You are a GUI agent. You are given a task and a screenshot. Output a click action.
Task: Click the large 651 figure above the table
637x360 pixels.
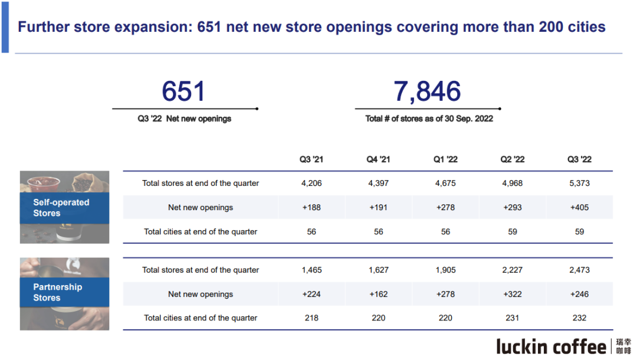(183, 92)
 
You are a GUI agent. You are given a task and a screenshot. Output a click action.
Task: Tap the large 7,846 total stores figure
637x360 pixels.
(427, 92)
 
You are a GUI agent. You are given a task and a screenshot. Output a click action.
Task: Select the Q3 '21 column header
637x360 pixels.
(311, 159)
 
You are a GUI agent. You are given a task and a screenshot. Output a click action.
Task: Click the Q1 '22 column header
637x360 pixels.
(445, 159)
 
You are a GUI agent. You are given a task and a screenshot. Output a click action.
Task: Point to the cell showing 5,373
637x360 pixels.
(579, 184)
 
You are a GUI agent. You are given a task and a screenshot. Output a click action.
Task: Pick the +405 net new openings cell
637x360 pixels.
(579, 208)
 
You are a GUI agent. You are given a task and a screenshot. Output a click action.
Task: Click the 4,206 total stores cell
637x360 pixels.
(311, 184)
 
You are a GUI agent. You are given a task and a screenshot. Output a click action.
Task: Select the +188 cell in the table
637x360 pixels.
(311, 208)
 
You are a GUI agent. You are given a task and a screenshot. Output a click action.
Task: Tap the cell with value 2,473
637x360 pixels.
(579, 270)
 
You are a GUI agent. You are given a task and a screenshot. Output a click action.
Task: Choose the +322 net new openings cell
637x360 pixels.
(513, 294)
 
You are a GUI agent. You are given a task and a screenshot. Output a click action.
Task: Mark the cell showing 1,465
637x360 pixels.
(311, 270)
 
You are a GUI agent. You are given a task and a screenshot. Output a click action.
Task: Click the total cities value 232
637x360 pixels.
(579, 318)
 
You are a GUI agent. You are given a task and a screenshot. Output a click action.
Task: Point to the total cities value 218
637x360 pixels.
(311, 318)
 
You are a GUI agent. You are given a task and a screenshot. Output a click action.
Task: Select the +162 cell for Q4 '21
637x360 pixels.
(379, 294)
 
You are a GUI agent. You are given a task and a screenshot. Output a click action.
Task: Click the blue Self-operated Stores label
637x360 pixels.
(61, 208)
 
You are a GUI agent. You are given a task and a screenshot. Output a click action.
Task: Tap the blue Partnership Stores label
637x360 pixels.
(58, 292)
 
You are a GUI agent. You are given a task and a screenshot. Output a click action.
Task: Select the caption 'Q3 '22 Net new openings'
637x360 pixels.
(184, 119)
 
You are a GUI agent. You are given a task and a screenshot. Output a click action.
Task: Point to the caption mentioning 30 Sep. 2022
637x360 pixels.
(429, 119)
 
